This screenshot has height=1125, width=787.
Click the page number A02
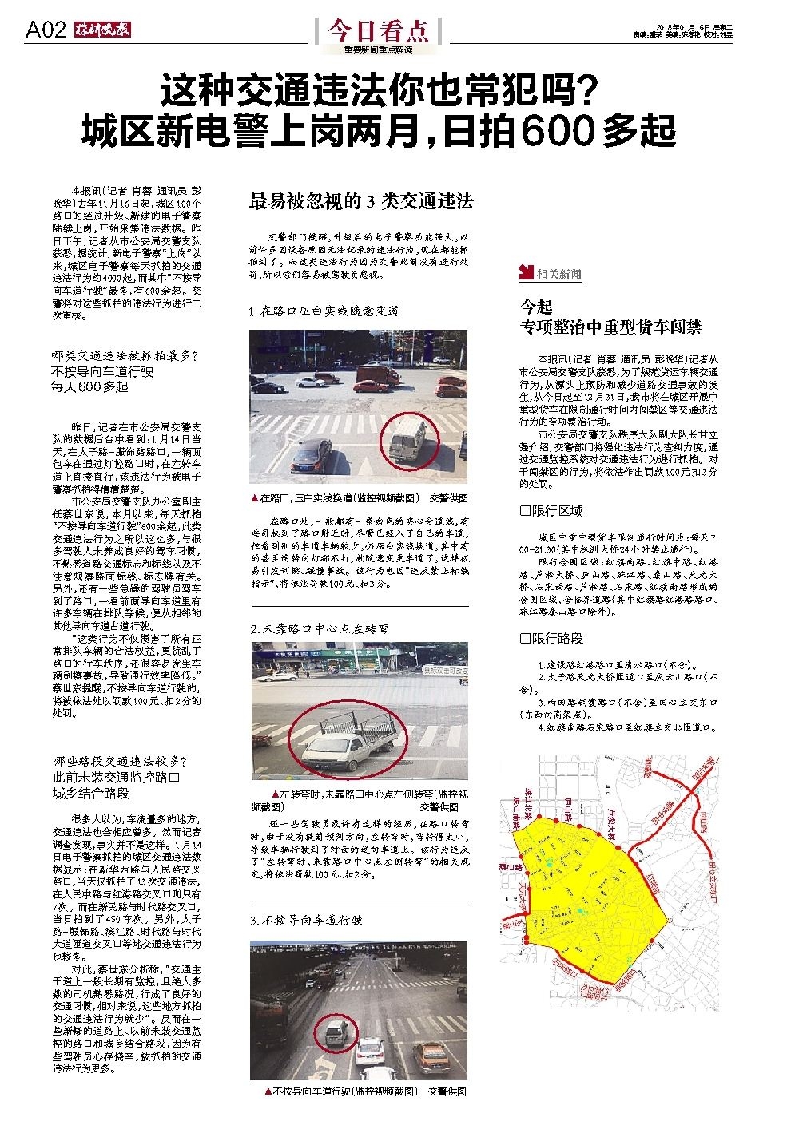click(45, 30)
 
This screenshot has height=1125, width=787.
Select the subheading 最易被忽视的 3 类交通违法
click(361, 201)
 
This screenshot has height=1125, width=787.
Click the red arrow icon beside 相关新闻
click(526, 273)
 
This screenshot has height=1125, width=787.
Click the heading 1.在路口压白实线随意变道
click(324, 311)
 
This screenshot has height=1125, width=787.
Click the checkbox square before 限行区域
click(525, 511)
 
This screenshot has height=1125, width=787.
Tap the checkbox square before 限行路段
click(525, 639)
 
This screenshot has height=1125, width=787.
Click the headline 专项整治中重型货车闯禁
click(610, 327)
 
